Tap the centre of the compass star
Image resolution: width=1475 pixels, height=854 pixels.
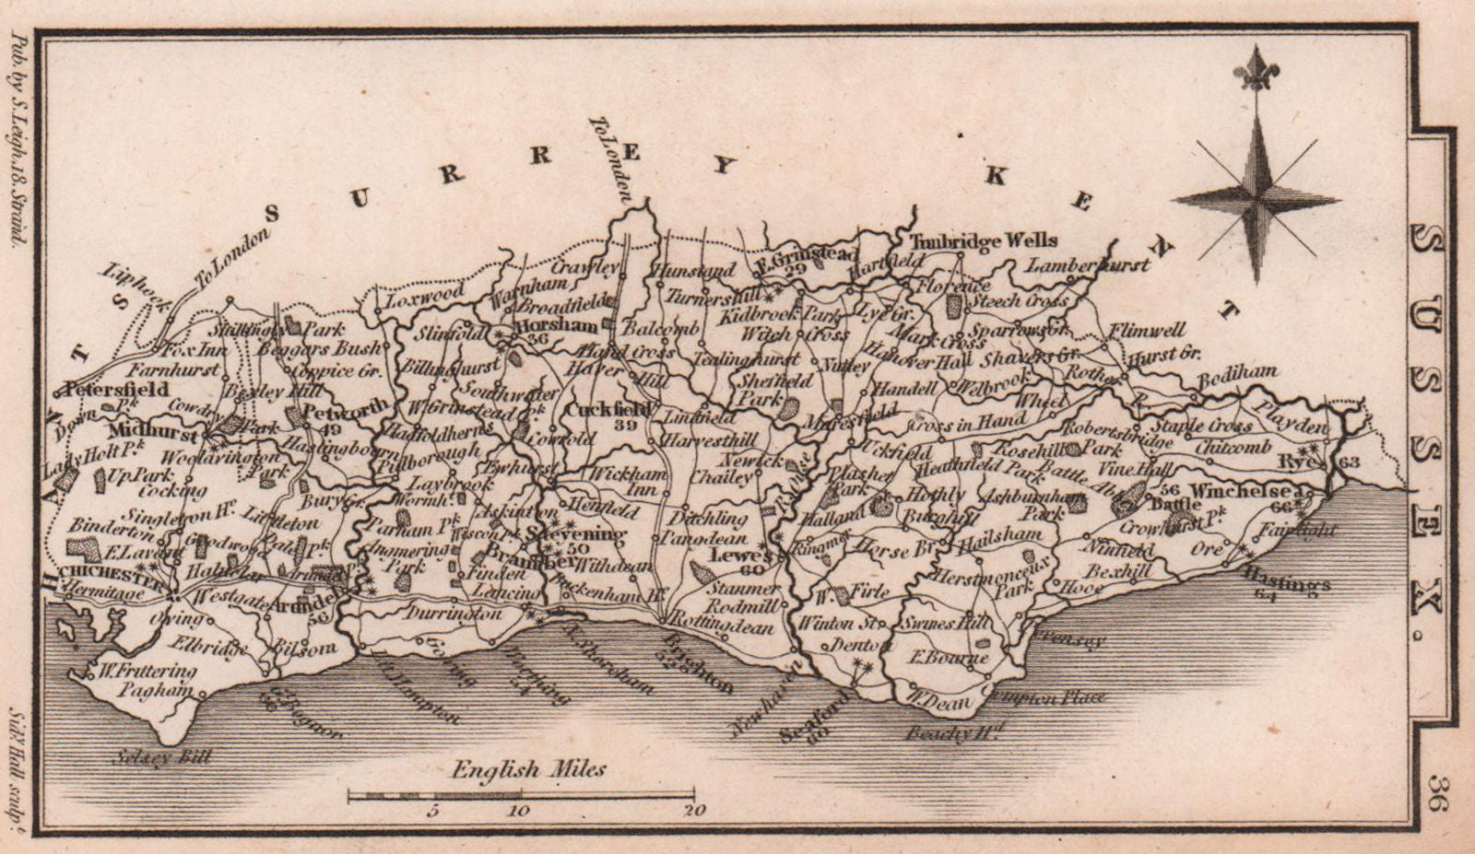coord(1256,199)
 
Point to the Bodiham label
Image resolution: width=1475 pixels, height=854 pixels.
coord(1238,371)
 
